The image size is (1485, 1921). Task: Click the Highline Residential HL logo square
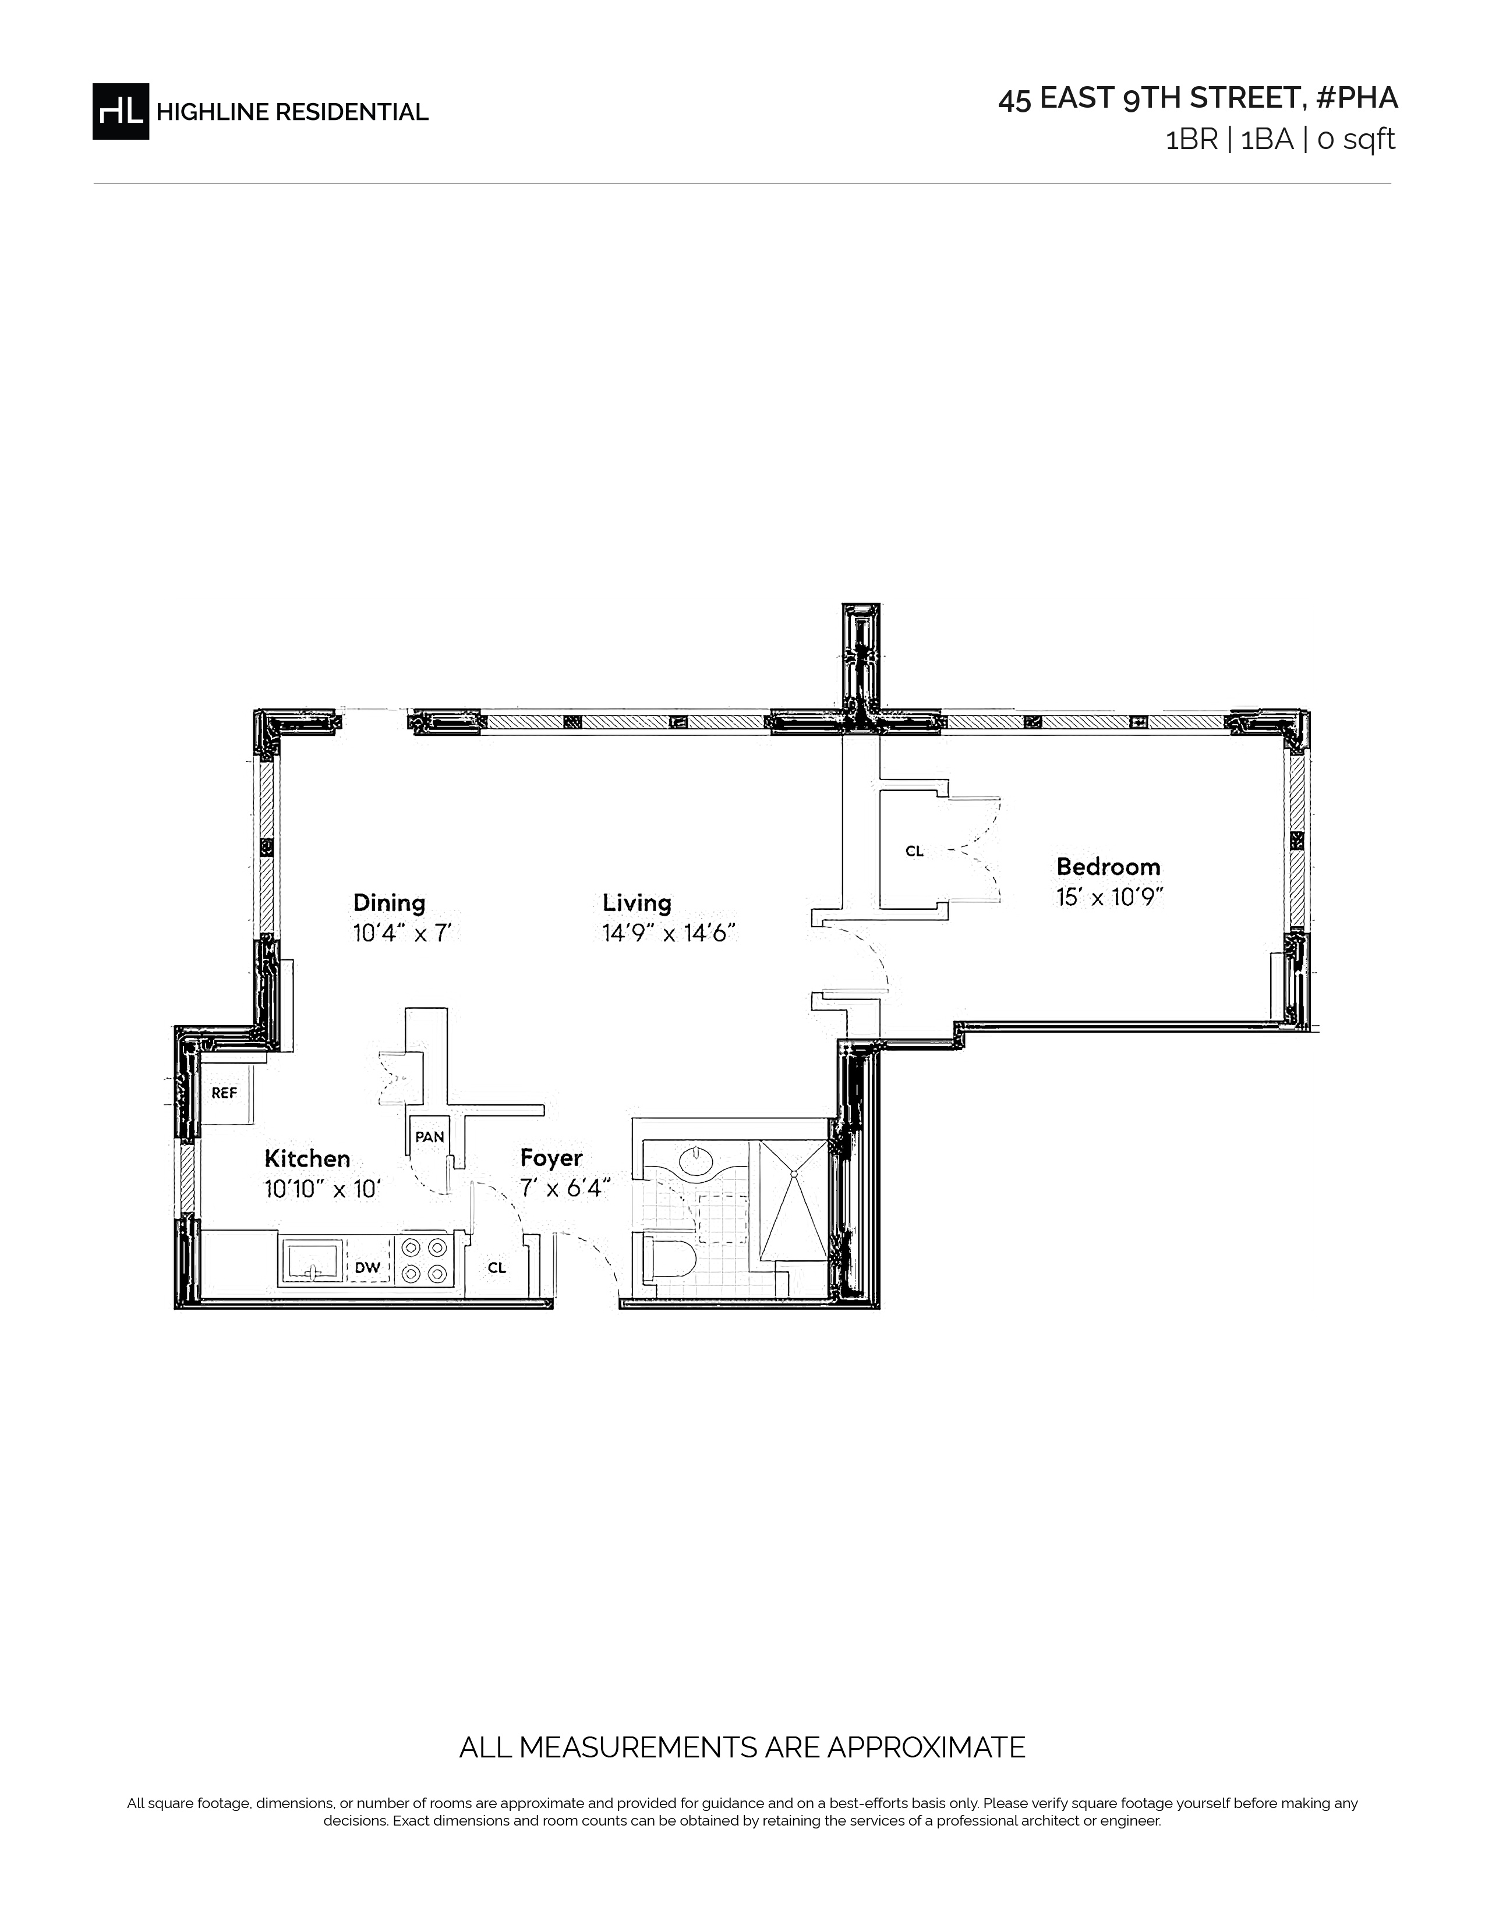121,111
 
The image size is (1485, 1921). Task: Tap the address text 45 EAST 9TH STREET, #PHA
1197,98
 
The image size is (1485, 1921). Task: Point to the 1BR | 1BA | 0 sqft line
1280,140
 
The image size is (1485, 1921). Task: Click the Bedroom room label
1108,866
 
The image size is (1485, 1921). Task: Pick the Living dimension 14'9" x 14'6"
669,933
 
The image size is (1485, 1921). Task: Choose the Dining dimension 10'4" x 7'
402,933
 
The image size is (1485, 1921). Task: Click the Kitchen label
307,1158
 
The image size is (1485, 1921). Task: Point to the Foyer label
551,1159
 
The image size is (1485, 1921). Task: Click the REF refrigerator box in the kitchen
228,1093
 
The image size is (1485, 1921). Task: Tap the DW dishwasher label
367,1267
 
